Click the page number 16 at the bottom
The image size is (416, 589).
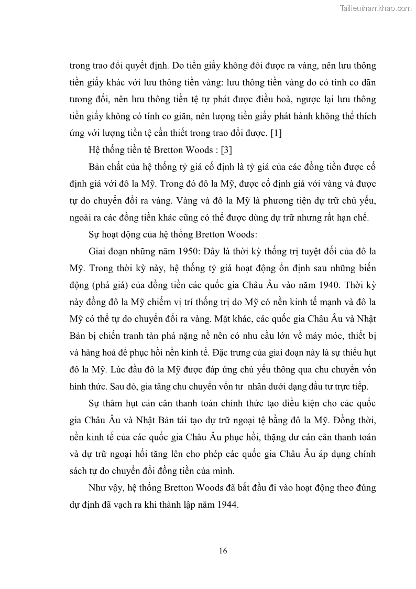point(223,551)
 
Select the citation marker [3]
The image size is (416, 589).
point(226,150)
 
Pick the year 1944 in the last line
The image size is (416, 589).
point(226,505)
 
